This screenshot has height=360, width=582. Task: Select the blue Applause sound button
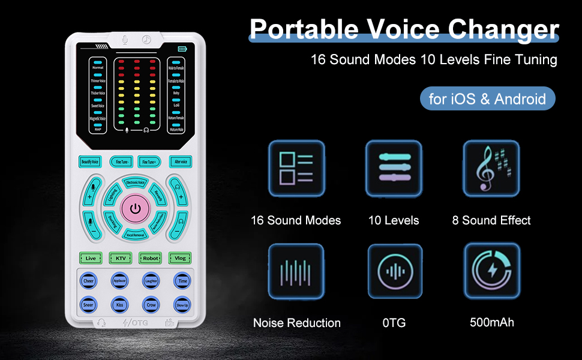[x=120, y=280]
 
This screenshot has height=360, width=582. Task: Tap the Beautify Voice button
[x=91, y=161]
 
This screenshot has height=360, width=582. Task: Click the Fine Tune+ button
[x=150, y=161]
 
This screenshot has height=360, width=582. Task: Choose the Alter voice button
[x=179, y=161]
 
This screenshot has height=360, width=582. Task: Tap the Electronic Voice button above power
[x=135, y=182]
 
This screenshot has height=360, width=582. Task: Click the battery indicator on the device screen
[x=182, y=49]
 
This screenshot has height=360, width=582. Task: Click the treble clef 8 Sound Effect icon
[x=491, y=169]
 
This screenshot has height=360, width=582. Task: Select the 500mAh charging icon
[x=491, y=271]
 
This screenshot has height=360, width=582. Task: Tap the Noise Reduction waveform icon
[x=296, y=271]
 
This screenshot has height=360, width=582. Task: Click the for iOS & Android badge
[x=487, y=98]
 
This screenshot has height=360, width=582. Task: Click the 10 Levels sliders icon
[x=394, y=169]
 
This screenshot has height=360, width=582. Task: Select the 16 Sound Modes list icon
[x=296, y=169]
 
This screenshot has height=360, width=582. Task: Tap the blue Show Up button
[x=181, y=304]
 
